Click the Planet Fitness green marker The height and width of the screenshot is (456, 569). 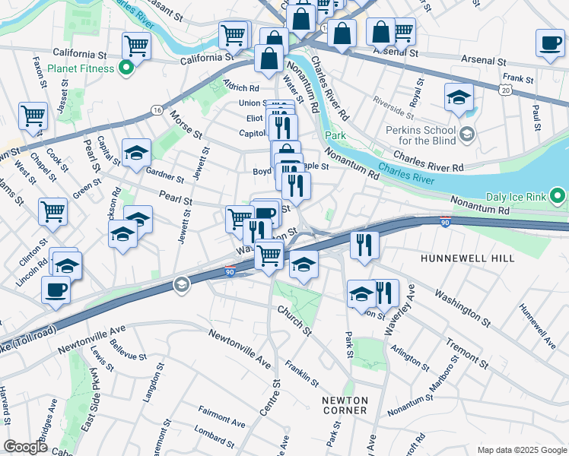click(x=127, y=68)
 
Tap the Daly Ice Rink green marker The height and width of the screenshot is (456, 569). click(x=558, y=197)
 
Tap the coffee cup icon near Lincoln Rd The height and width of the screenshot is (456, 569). click(x=56, y=291)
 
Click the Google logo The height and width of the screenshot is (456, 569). click(x=25, y=447)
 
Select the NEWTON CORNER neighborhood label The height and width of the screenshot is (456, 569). click(x=345, y=405)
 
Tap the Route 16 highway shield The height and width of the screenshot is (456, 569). click(x=157, y=110)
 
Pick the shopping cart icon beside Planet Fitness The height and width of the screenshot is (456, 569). click(x=136, y=46)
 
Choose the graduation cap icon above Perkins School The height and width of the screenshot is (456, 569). click(x=459, y=97)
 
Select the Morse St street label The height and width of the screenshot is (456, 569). click(x=186, y=124)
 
